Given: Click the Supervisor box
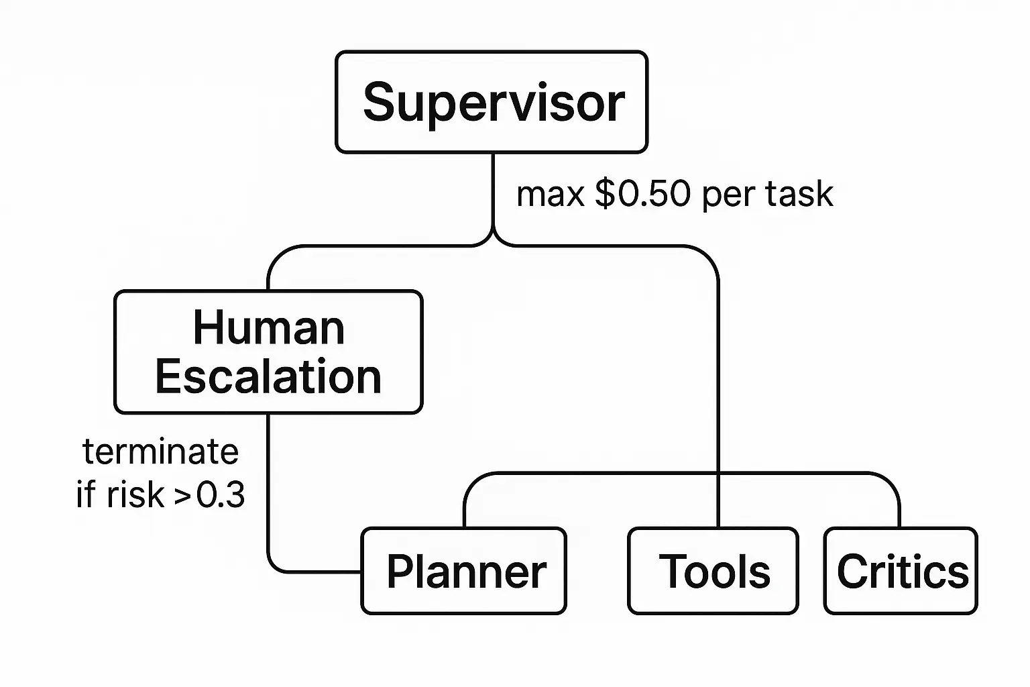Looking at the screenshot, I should (x=492, y=102).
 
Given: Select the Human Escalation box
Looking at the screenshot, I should (x=268, y=352).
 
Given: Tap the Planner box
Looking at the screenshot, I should (x=464, y=571).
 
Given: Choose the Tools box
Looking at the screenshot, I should (x=713, y=571).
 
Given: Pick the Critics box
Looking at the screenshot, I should (x=901, y=571).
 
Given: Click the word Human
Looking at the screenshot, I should (x=268, y=328).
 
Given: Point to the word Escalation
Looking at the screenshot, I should (x=268, y=376).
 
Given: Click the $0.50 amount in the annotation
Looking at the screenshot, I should (x=642, y=195).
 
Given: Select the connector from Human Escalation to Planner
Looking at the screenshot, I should (x=268, y=496).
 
